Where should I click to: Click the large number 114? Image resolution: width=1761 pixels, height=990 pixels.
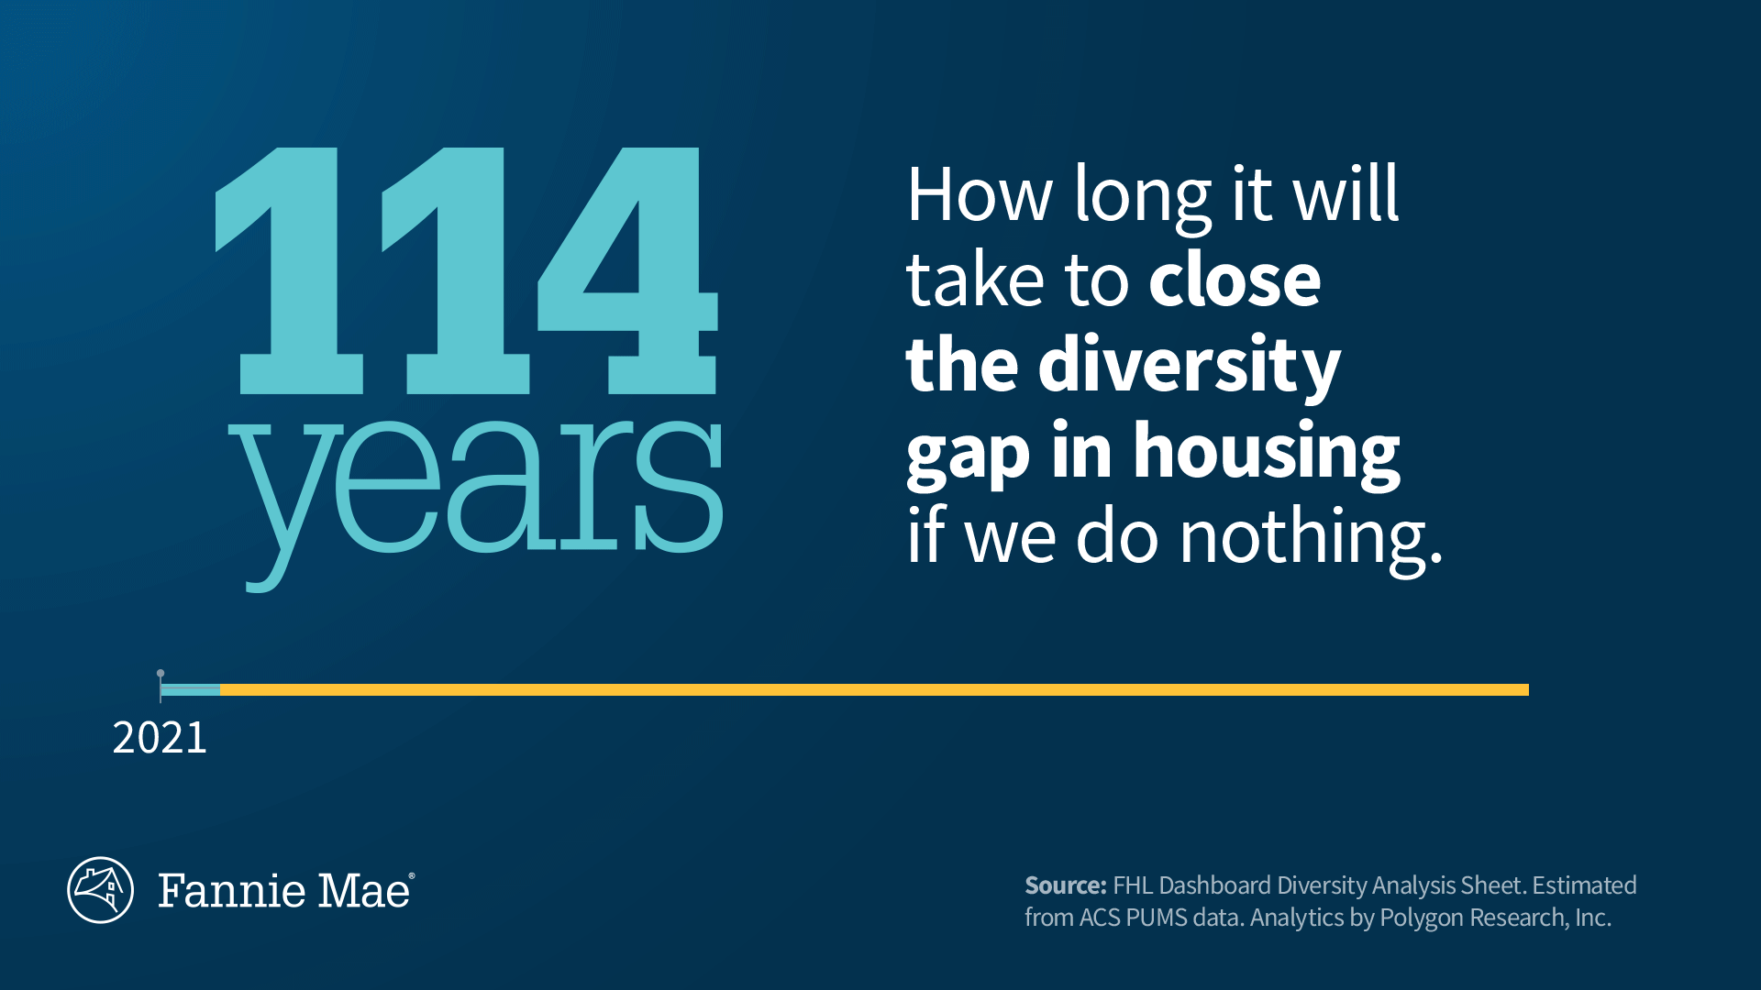466,271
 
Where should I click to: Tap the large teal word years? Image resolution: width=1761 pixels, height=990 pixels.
476,500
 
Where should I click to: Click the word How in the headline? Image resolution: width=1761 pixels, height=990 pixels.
980,194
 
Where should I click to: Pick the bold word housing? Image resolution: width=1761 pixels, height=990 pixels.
1267,453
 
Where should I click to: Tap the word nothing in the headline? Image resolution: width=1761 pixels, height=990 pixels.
1311,538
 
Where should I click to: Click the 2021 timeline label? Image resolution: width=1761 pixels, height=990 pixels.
160,738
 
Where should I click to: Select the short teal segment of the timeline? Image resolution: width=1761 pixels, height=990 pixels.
191,689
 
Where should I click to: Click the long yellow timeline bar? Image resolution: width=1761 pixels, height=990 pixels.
874,689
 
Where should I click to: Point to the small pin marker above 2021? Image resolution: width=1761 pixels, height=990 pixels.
161,673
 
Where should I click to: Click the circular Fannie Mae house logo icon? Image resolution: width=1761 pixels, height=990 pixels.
101,890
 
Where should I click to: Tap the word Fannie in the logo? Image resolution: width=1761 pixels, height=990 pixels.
232,891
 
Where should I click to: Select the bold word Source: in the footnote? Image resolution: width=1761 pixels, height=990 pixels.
1066,885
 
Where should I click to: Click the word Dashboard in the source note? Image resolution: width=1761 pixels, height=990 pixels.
1215,885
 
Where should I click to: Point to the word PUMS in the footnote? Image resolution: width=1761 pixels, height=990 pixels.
1157,918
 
